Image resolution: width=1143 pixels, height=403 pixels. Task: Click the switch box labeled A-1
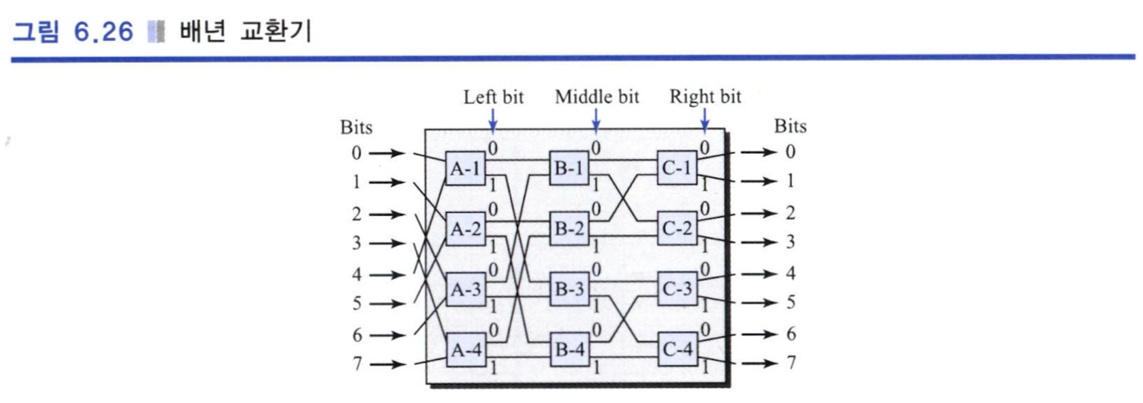[x=465, y=168]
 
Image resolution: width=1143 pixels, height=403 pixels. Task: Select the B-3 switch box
[x=569, y=289]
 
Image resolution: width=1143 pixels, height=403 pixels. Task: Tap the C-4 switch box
[x=677, y=349]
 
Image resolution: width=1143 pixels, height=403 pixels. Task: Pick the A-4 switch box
[x=465, y=350]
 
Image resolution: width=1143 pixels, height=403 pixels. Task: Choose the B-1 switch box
[x=569, y=168]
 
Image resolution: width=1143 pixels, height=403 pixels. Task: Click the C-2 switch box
[x=676, y=228]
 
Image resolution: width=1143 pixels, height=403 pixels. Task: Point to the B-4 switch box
[x=569, y=349]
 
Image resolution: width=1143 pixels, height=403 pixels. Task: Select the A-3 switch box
[x=465, y=289]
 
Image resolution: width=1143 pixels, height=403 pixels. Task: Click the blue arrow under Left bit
[x=493, y=120]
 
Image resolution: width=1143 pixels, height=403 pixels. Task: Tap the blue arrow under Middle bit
[x=596, y=120]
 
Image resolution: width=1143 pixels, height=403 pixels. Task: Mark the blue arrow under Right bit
[x=705, y=120]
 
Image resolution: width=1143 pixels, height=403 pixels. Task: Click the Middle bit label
[x=597, y=97]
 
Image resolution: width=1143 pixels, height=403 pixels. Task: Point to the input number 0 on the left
[x=356, y=152]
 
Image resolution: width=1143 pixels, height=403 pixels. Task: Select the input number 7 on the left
[x=356, y=364]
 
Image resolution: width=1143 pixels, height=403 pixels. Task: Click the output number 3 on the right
[x=790, y=242]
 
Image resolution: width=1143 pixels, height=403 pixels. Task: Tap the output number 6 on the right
[x=790, y=334]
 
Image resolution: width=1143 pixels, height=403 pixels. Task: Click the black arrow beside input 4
[x=387, y=275]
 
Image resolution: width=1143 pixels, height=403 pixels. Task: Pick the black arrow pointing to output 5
[x=759, y=303]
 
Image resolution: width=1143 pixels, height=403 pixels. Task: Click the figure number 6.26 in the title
[x=103, y=32]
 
